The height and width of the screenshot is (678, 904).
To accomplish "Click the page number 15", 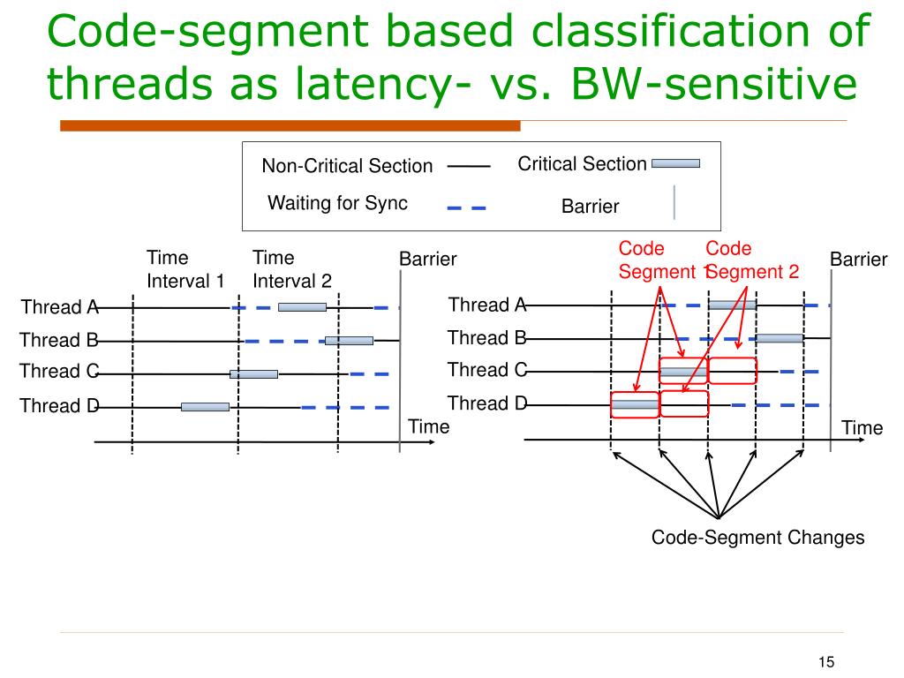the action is pos(826,662).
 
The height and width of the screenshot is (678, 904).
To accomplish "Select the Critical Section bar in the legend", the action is pos(675,163).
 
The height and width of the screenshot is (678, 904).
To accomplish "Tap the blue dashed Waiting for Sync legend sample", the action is pos(466,207).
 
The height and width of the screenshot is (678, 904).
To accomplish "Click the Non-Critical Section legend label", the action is pos(347,166).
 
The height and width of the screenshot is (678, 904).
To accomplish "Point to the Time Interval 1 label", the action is pos(185,269).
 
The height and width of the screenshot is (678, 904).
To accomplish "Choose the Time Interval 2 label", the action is pos(291,269).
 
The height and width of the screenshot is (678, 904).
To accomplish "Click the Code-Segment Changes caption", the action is pos(757,538).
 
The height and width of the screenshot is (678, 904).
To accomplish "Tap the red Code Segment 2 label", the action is pos(753,260).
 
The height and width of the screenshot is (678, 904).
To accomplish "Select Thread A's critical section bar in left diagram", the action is pos(302,307).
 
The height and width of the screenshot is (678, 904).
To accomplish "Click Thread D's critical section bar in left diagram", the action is pos(205,407).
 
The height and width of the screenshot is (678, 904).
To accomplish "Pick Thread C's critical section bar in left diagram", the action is pos(253,374).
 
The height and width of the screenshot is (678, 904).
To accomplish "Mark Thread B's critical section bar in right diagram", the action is pos(780,338).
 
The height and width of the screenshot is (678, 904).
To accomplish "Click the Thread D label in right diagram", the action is pos(487,403).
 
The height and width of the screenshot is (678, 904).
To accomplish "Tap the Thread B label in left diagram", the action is pos(59,340).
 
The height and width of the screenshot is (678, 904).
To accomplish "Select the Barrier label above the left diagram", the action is pos(428,259).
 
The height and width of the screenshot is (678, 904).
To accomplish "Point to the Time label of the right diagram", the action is pos(862,428).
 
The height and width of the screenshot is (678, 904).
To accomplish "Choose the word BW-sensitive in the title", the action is pos(714,83).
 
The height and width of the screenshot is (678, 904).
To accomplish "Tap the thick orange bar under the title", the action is pos(290,125).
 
